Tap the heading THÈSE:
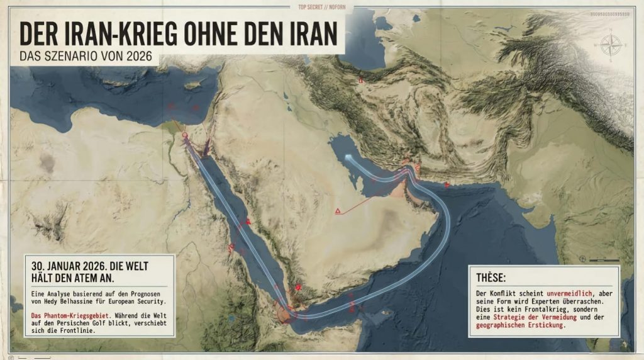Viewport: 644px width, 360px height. pyautogui.click(x=494, y=278)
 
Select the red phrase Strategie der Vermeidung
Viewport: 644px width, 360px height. pyautogui.click(x=526, y=317)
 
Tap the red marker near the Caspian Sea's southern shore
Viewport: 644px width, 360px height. pyautogui.click(x=361, y=81)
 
